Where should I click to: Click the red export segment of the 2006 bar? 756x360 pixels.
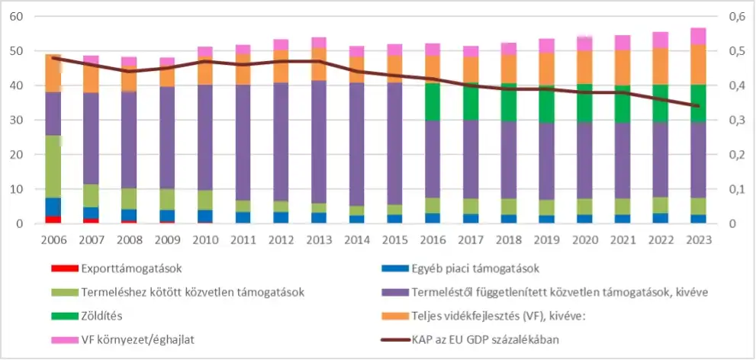pyautogui.click(x=53, y=220)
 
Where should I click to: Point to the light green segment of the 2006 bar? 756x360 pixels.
pyautogui.click(x=53, y=166)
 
